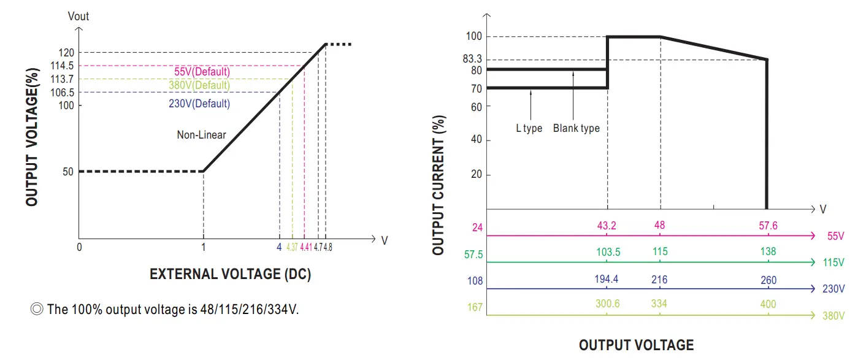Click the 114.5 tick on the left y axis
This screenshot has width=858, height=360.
62,66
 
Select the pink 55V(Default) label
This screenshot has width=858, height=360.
202,72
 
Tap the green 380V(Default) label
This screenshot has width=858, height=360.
199,85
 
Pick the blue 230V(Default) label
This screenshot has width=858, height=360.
199,104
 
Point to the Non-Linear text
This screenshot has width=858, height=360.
202,135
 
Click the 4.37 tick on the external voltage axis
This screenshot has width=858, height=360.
292,247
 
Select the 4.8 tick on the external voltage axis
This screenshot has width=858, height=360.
328,247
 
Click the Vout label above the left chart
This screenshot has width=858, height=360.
78,17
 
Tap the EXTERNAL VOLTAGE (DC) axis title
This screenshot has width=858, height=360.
230,274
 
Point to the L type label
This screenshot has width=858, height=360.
529,129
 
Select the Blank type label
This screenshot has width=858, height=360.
576,129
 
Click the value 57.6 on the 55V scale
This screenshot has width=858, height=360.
768,226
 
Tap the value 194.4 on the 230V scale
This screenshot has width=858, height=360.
607,280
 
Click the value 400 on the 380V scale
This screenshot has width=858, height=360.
768,304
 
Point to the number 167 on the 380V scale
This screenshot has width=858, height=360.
475,307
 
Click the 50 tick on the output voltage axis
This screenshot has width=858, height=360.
67,172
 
